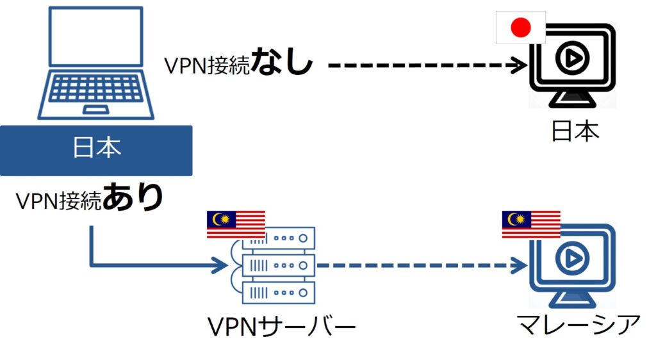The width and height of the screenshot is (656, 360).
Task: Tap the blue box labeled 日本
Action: click(x=96, y=150)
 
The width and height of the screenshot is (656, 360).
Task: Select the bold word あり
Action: click(x=133, y=198)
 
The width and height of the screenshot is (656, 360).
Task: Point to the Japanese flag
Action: click(x=521, y=28)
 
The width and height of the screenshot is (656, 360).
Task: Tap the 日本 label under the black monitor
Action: click(x=575, y=131)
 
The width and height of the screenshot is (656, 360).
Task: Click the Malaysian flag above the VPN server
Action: click(x=236, y=224)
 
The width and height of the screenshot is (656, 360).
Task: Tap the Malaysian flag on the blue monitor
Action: click(x=531, y=224)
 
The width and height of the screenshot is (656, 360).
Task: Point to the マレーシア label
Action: click(x=578, y=325)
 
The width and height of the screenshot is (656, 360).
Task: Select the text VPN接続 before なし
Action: click(x=206, y=65)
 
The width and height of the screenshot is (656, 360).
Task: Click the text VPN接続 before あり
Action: click(x=58, y=201)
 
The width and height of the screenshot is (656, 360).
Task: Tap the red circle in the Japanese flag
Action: click(x=521, y=28)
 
